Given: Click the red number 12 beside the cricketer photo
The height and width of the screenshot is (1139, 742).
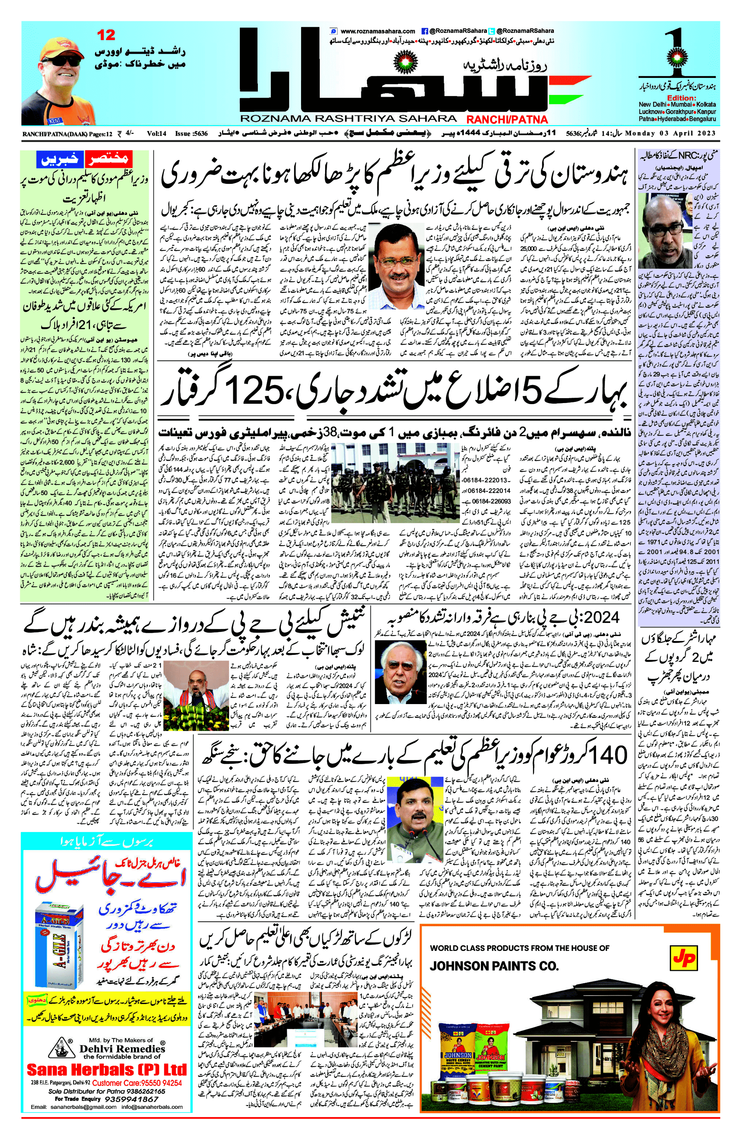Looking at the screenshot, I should pos(106,35).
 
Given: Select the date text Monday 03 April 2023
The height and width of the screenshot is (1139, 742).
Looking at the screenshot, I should pos(670,134).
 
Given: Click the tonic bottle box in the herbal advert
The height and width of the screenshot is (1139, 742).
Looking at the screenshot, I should pos(58,939).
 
